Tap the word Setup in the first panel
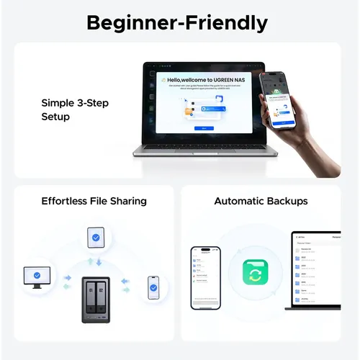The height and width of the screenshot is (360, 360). click(x=56, y=116)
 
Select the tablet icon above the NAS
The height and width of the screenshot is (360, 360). click(x=96, y=238)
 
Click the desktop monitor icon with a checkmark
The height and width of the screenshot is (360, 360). click(x=37, y=276)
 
